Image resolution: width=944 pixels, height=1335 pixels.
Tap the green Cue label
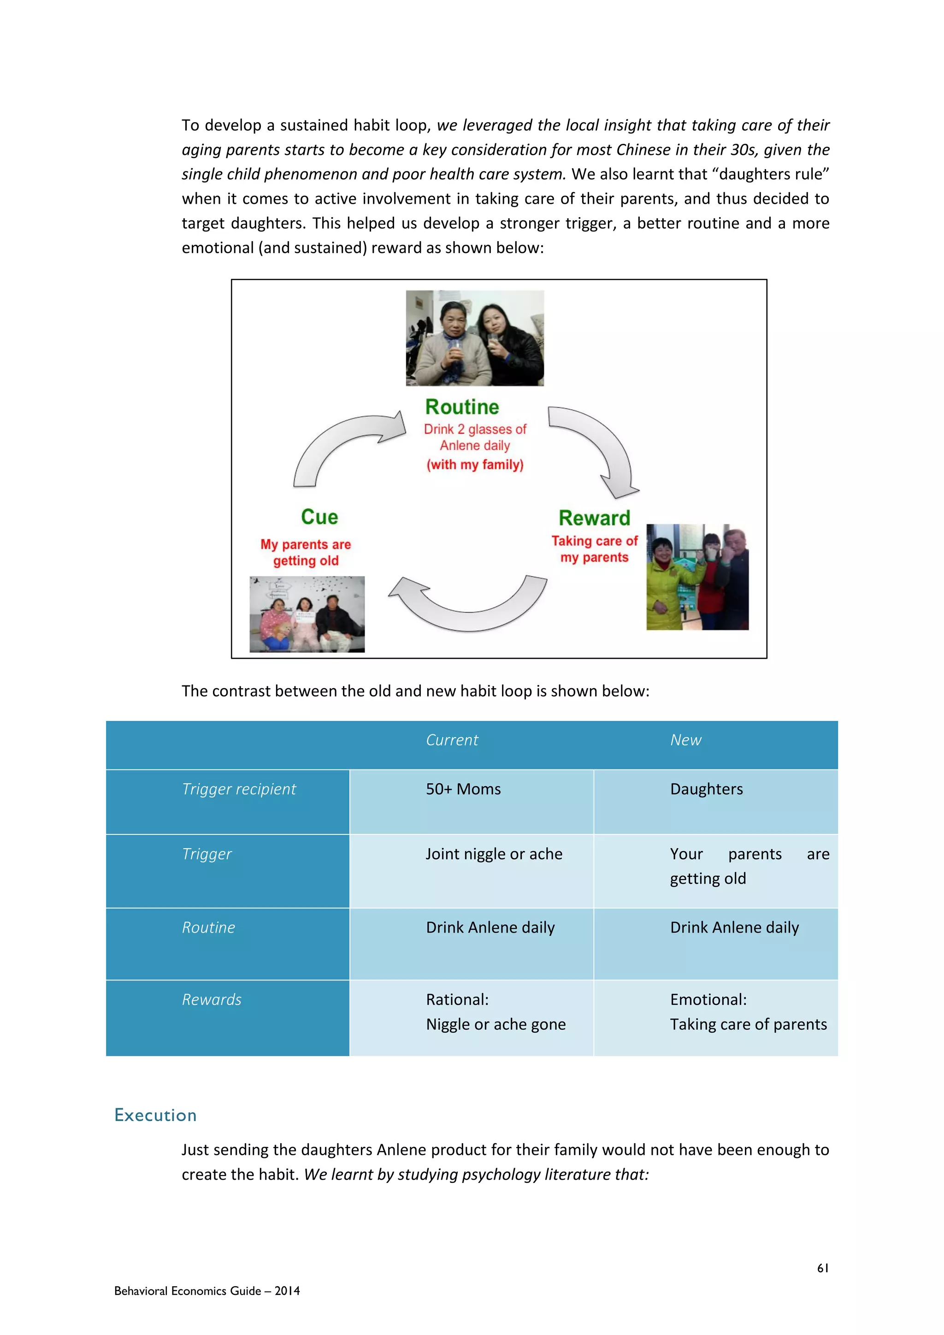pos(319,517)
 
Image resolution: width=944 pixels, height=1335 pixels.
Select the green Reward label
pos(594,518)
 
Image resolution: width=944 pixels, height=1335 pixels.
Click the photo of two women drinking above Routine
pos(474,338)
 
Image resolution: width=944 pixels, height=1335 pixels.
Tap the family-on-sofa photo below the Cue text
pos(307,614)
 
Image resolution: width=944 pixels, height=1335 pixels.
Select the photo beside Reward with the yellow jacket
pos(697,577)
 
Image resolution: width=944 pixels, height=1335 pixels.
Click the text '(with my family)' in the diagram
pos(475,465)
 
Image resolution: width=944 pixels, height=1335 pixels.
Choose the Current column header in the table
pos(452,740)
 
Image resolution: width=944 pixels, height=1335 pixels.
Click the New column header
pos(685,740)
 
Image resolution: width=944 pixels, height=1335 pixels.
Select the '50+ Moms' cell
pos(463,789)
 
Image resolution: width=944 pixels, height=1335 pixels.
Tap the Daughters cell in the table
pos(706,789)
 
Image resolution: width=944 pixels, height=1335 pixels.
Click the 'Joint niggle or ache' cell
pos(494,854)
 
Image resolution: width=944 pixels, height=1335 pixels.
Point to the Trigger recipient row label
pos(238,789)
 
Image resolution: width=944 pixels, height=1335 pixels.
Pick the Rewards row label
pos(212,999)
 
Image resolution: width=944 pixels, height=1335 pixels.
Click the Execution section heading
pos(155,1115)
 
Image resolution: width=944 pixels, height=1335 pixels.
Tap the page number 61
pos(822,1268)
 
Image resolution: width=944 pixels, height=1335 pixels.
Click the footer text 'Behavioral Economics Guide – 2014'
pos(207,1291)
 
